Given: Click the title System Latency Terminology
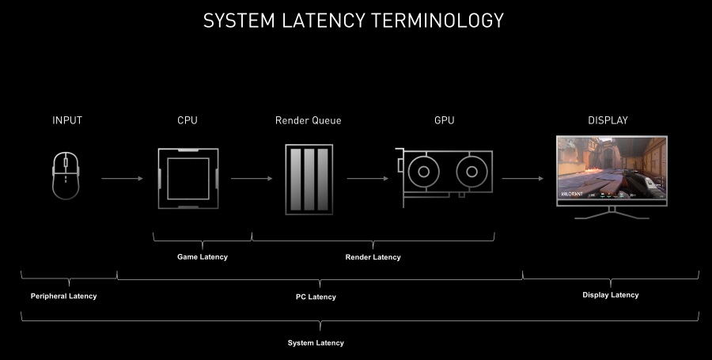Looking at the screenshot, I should click(353, 20).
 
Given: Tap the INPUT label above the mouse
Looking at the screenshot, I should click(67, 120).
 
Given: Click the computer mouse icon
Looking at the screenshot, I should click(66, 176).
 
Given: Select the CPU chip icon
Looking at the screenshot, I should click(187, 178).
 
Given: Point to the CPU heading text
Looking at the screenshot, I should click(187, 120).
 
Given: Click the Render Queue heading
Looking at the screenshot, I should click(309, 120).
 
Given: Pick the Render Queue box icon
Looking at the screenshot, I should click(309, 177).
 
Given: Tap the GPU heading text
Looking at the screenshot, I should click(445, 120).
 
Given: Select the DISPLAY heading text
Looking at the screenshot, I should click(608, 120).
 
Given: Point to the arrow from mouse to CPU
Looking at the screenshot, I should click(122, 179).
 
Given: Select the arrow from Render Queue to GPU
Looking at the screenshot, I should click(367, 179).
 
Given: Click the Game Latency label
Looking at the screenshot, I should click(202, 257).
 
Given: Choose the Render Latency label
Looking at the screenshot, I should click(373, 257).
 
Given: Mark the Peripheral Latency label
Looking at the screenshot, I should click(63, 296).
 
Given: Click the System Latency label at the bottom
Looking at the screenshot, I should click(316, 343).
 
